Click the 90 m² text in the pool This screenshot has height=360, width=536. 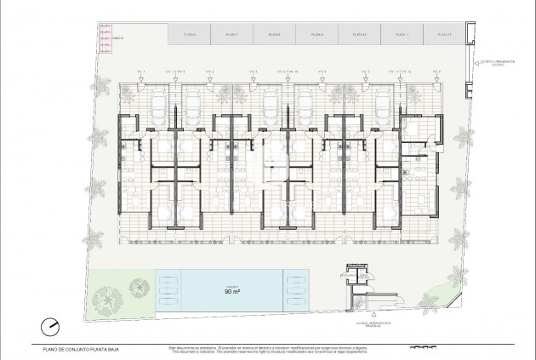(231, 290)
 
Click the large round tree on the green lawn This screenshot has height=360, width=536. (109, 298)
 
